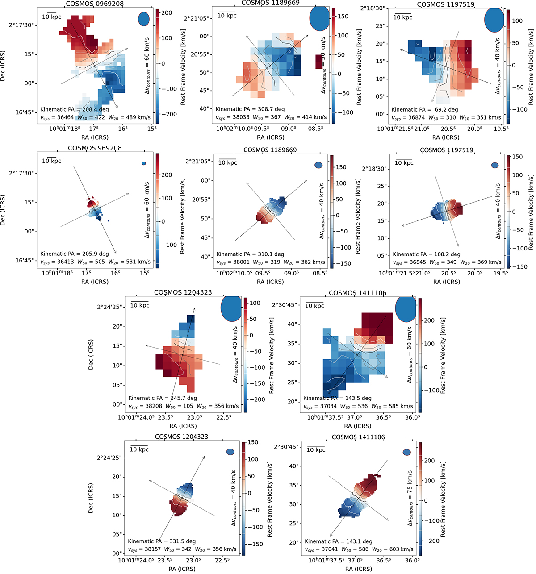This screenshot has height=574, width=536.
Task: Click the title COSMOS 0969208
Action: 95,4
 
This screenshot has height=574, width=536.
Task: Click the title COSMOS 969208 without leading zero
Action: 95,148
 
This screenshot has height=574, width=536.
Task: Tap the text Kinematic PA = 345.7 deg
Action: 163,398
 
